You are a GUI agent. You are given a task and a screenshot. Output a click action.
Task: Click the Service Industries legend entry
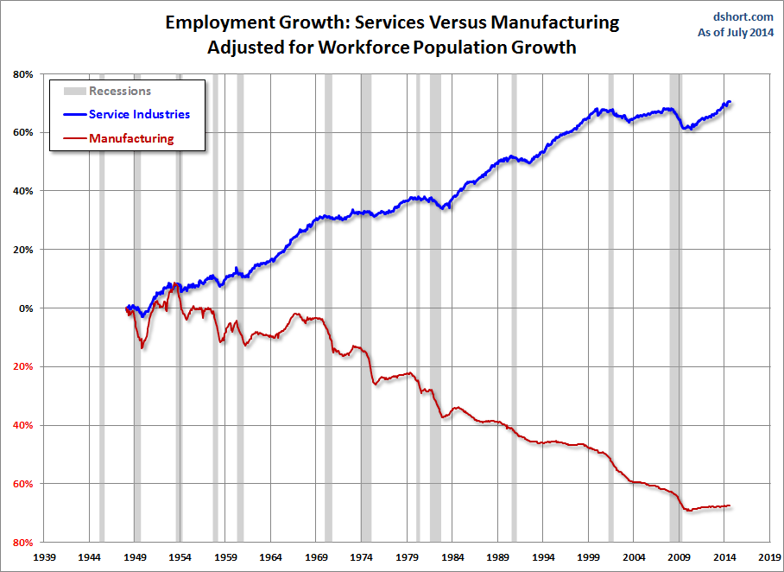click(139, 114)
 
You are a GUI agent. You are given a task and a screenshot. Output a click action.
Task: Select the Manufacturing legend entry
click(131, 138)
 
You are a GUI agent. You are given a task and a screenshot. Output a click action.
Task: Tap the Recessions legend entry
click(119, 91)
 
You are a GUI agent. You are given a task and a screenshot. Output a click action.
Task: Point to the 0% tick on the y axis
click(24, 308)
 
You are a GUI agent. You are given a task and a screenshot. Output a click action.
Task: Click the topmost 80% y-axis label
click(22, 74)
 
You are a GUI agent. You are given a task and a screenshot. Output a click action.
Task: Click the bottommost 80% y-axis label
click(22, 542)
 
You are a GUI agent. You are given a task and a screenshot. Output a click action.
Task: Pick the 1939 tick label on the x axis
click(45, 557)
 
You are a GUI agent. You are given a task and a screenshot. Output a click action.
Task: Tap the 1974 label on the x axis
click(362, 557)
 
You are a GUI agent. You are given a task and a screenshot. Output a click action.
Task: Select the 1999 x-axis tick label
click(588, 557)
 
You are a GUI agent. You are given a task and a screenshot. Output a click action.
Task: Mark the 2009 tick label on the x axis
click(679, 557)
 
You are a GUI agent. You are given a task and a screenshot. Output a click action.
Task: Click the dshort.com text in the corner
click(742, 16)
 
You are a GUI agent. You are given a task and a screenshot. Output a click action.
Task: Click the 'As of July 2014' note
click(736, 33)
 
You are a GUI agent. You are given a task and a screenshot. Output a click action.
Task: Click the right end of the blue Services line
click(730, 102)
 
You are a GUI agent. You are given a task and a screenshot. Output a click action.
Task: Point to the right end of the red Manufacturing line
click(730, 505)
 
